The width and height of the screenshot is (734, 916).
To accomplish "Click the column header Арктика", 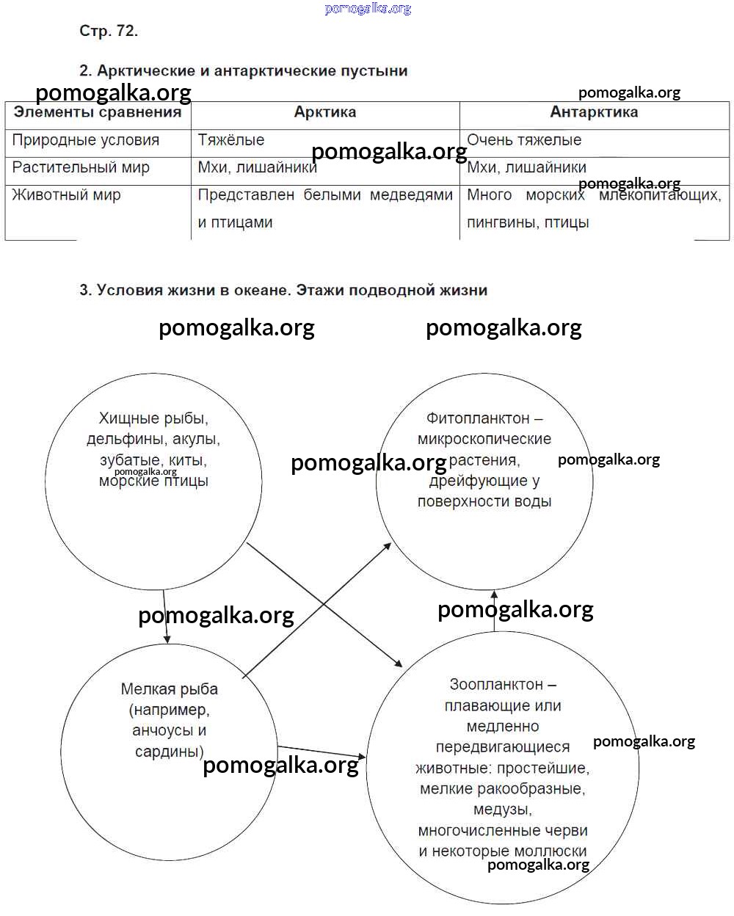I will pyautogui.click(x=325, y=112).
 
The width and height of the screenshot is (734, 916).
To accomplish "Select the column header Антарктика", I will pyautogui.click(x=594, y=112).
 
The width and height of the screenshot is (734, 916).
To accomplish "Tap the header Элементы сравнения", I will pyautogui.click(x=98, y=112).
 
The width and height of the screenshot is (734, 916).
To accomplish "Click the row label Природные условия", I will pyautogui.click(x=86, y=140).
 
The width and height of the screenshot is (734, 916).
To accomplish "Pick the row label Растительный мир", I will pyautogui.click(x=81, y=167).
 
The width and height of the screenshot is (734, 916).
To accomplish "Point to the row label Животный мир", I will pyautogui.click(x=66, y=195).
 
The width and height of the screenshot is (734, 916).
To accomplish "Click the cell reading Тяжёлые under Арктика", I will pyautogui.click(x=231, y=140).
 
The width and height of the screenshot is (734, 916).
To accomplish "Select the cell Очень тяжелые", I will pyautogui.click(x=524, y=140).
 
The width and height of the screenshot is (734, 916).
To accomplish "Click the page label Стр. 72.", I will pyautogui.click(x=109, y=31).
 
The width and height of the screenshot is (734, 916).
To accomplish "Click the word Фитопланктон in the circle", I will pyautogui.click(x=478, y=418).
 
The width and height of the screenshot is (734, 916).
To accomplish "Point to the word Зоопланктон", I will pyautogui.click(x=496, y=685).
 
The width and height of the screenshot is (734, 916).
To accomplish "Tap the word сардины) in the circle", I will pyautogui.click(x=169, y=752).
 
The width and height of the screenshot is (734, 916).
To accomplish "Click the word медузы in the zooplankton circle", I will pyautogui.click(x=502, y=810).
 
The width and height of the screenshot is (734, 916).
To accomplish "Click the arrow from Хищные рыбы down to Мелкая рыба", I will pyautogui.click(x=166, y=617).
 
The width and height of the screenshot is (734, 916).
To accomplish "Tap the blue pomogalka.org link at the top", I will pyautogui.click(x=368, y=9).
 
